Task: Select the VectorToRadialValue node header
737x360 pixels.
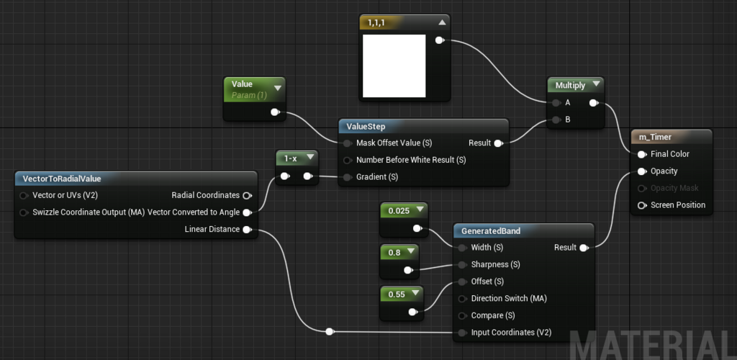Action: point(62,179)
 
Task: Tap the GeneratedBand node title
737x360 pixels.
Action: point(491,230)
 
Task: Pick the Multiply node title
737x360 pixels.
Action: point(570,86)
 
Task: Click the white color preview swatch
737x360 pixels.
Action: point(394,66)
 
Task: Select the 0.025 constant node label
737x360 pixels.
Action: point(399,211)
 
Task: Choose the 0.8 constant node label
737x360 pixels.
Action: point(395,253)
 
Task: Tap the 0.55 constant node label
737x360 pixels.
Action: point(397,294)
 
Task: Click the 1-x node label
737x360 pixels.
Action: point(291,158)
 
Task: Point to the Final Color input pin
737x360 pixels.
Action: point(641,154)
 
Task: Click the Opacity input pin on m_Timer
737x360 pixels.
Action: point(641,171)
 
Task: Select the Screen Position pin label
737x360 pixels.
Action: point(678,205)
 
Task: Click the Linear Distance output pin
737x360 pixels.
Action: point(248,230)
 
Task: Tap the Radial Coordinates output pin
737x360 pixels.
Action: point(248,195)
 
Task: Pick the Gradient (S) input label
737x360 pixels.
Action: point(377,177)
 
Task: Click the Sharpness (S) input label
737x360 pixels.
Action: point(495,264)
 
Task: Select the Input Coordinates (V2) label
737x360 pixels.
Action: point(512,333)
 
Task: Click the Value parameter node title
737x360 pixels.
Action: point(242,84)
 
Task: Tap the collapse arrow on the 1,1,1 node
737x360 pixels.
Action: point(441,22)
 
